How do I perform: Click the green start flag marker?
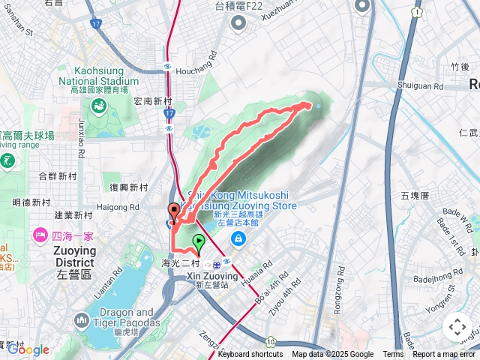pyautogui.click(x=199, y=243)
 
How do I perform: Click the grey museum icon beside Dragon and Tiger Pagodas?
pyautogui.click(x=82, y=321)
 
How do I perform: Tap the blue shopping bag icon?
pyautogui.click(x=238, y=239)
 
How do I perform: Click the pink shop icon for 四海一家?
pyautogui.click(x=39, y=235)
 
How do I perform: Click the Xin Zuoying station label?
pyautogui.click(x=211, y=276)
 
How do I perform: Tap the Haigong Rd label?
pyautogui.click(x=118, y=207)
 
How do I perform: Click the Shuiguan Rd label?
pyautogui.click(x=421, y=86)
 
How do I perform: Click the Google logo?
pyautogui.click(x=28, y=349)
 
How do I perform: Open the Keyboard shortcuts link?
pyautogui.click(x=250, y=355)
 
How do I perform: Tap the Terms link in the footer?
pyautogui.click(x=393, y=355)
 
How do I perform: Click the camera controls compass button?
pyautogui.click(x=456, y=327)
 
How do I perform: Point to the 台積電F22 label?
pyautogui.click(x=239, y=7)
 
